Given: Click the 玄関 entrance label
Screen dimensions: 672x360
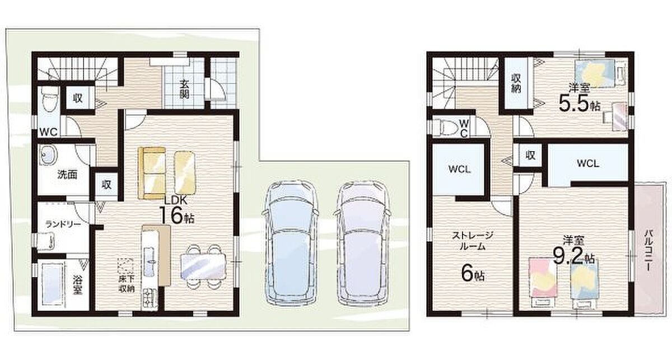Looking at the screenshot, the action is (184, 90).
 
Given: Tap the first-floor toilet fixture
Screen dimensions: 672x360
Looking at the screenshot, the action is (48, 100).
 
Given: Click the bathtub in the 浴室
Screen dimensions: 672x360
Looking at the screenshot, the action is (52, 284).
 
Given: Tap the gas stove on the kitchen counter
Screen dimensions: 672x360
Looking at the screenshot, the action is (150, 298).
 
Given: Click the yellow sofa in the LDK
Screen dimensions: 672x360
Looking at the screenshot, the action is (152, 173).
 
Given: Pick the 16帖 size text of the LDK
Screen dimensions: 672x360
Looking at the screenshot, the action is (178, 216).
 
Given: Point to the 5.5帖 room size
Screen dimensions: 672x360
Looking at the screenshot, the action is (580, 104).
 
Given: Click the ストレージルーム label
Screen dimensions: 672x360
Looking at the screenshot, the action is (473, 241).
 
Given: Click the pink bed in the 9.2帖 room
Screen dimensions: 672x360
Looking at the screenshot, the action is (543, 282).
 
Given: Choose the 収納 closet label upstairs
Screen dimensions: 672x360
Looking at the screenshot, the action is (516, 83).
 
